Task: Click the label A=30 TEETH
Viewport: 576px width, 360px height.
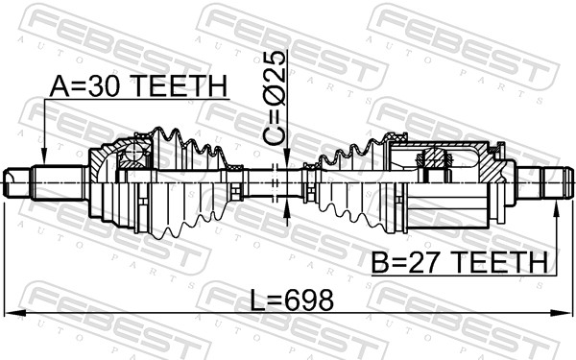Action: [138, 86]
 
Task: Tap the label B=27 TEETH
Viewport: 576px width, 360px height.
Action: [459, 262]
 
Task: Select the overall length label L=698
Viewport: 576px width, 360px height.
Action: [292, 300]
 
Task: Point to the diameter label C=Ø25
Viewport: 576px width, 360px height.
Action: [275, 98]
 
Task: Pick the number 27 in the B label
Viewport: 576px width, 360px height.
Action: [425, 262]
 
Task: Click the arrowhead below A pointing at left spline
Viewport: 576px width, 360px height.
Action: [44, 156]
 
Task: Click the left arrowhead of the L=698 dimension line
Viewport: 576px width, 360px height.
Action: [15, 313]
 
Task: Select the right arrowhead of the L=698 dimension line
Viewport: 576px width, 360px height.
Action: [561, 313]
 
